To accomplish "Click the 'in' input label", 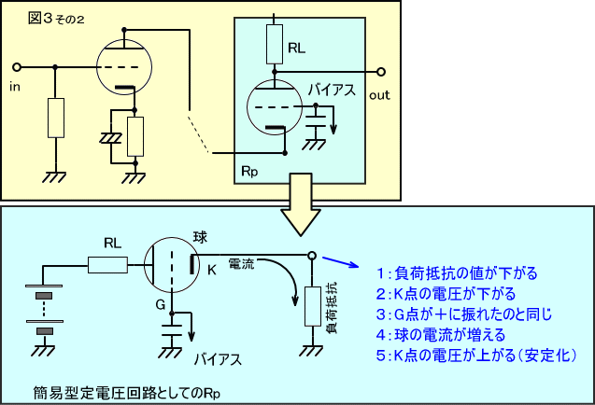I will coord(14,87).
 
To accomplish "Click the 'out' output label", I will coord(379,94).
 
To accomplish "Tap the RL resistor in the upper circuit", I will coord(275,42).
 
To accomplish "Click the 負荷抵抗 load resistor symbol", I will coord(310,304).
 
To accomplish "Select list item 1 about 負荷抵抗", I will coord(456,273).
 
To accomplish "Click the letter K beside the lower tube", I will coord(211,270).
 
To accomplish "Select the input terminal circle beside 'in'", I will coord(16,67).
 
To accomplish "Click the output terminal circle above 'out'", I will coord(380,72).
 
